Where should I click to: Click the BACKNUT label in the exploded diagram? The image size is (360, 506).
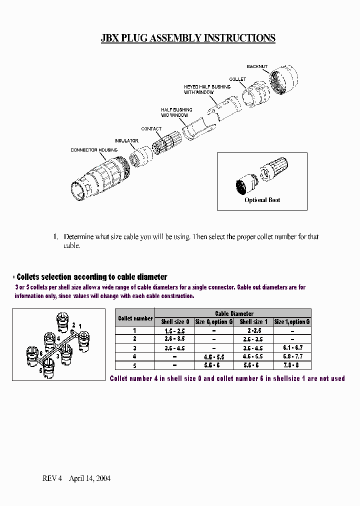pyautogui.click(x=257, y=66)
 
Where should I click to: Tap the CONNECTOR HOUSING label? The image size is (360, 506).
pyautogui.click(x=94, y=150)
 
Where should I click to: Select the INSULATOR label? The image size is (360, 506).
pyautogui.click(x=126, y=141)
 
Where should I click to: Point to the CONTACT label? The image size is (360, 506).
pyautogui.click(x=151, y=129)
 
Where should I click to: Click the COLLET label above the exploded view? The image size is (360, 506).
pyautogui.click(x=237, y=79)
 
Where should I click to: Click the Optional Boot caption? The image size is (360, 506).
pyautogui.click(x=262, y=200)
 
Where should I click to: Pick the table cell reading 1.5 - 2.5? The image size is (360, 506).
pyautogui.click(x=174, y=330)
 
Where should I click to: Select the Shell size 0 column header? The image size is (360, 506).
pyautogui.click(x=174, y=321)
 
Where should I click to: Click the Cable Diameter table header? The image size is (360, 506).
pyautogui.click(x=233, y=313)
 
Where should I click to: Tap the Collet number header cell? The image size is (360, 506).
pyautogui.click(x=135, y=318)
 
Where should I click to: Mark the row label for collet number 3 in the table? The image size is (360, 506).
pyautogui.click(x=134, y=347)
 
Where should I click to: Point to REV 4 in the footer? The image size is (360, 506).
pyautogui.click(x=52, y=478)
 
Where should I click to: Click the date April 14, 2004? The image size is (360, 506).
pyautogui.click(x=89, y=478)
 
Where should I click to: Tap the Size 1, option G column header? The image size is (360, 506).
pyautogui.click(x=292, y=321)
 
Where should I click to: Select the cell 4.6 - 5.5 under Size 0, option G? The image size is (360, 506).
pyautogui.click(x=214, y=356)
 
